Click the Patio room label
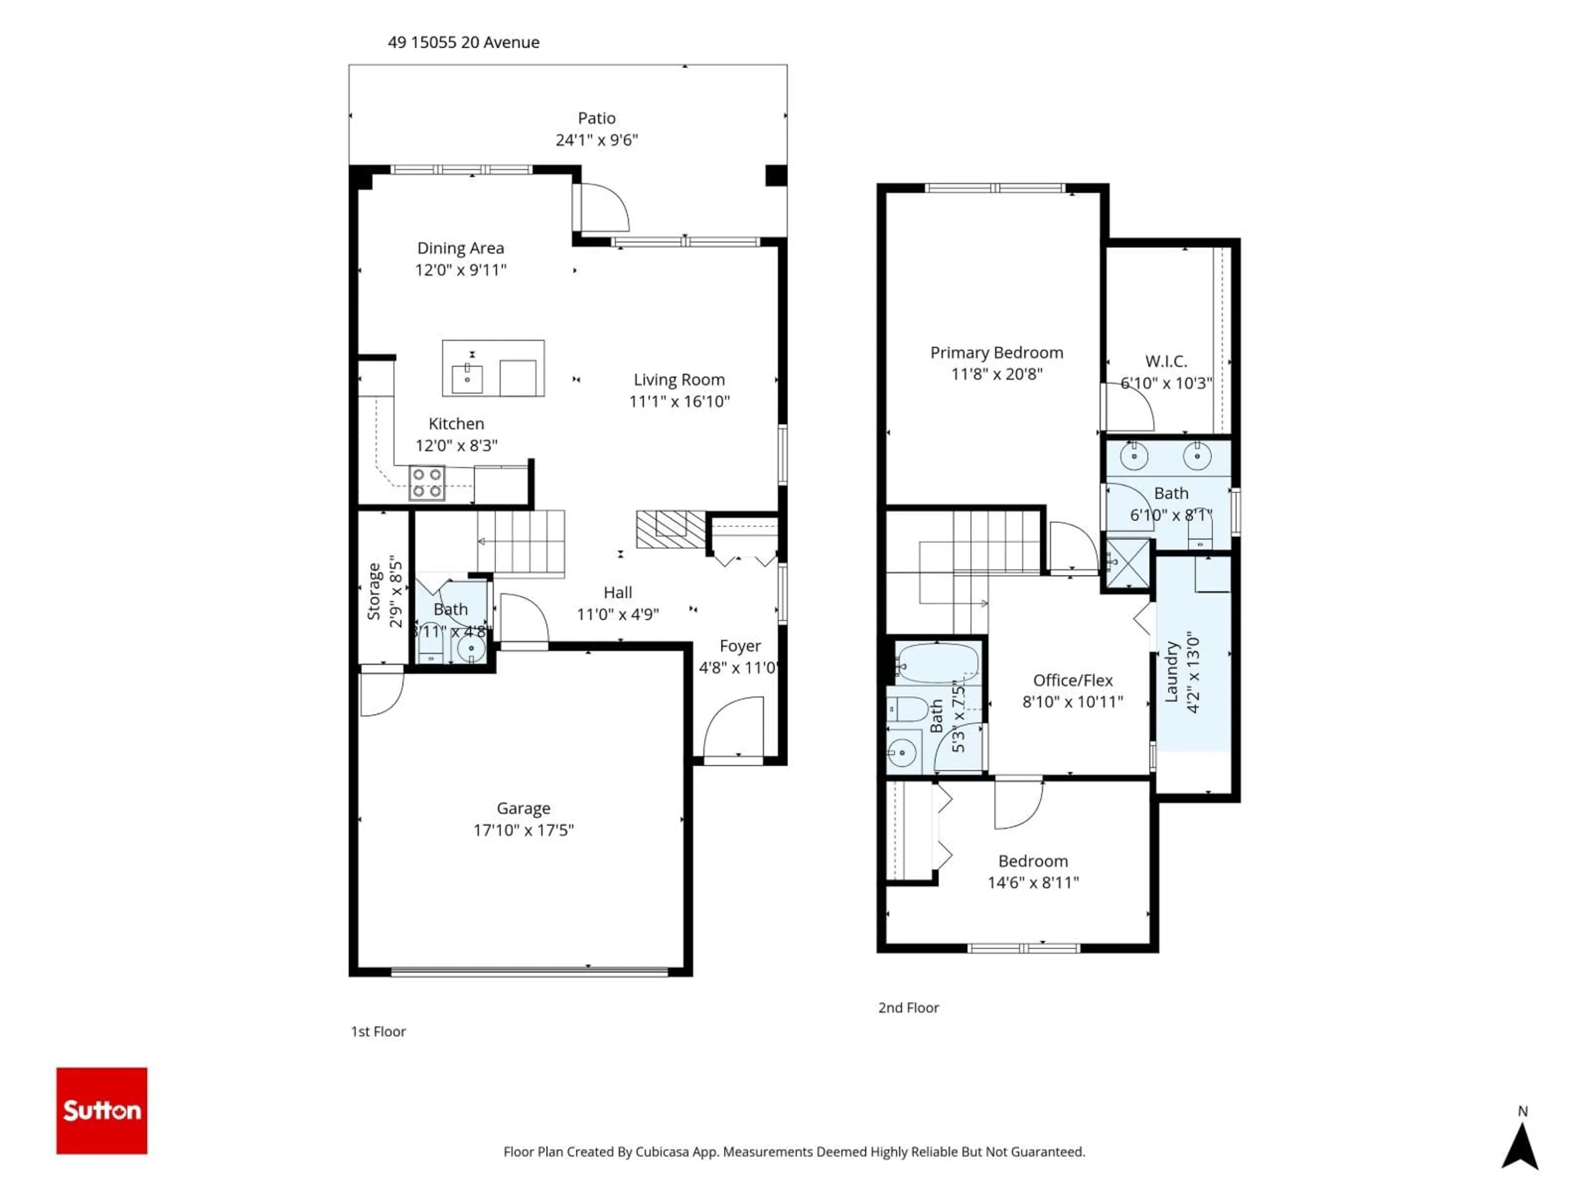(x=596, y=118)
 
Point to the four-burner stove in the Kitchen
(x=427, y=483)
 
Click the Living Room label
(x=679, y=380)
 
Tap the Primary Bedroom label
(x=996, y=352)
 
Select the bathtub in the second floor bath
(x=937, y=663)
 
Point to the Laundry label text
(x=1171, y=672)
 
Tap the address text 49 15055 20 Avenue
(x=463, y=42)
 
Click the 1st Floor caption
(x=378, y=1031)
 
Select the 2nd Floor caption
(x=908, y=1007)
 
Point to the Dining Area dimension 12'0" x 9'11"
(x=461, y=270)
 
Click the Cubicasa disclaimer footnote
(x=794, y=1152)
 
